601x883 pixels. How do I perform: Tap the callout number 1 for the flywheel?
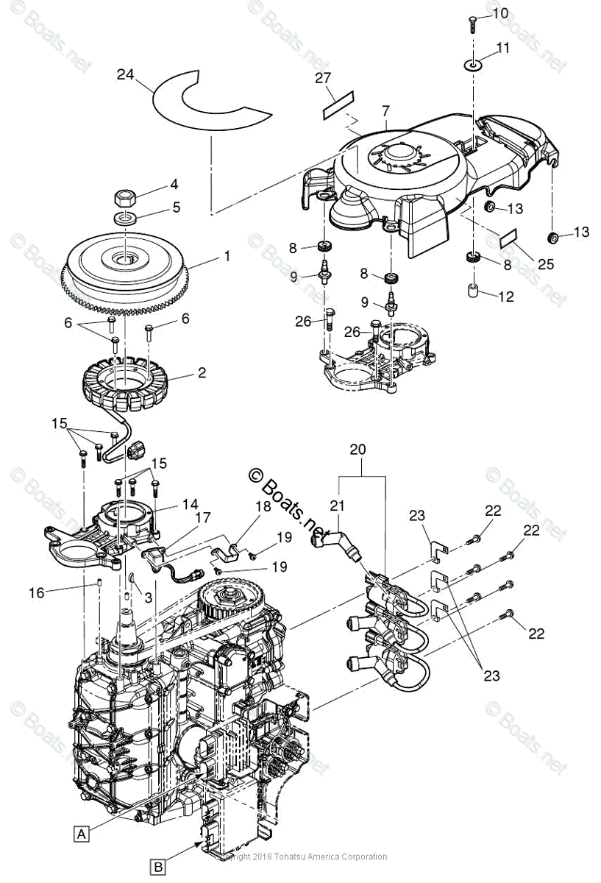tap(227, 256)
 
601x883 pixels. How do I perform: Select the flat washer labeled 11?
tap(473, 66)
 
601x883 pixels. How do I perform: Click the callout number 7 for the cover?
tap(385, 110)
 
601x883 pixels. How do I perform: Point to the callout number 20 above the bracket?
tap(358, 448)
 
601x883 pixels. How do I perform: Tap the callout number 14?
tap(191, 505)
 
